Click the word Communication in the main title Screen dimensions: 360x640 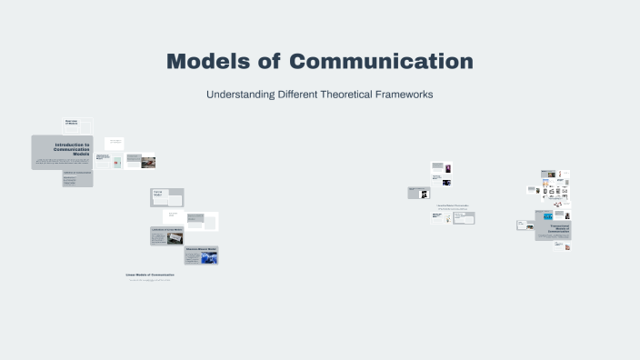pos(381,62)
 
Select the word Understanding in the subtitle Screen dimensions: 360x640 pos(242,95)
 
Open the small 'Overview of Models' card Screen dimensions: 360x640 pos(77,125)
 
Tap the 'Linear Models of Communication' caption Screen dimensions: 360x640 pos(149,274)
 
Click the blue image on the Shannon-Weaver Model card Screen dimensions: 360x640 pos(209,258)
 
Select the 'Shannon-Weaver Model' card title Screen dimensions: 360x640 pos(201,249)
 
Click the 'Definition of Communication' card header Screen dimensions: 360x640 pos(77,173)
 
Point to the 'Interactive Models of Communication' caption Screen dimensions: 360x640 pos(452,205)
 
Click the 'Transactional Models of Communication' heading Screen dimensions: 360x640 pos(554,228)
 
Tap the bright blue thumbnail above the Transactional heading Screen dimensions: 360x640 pos(548,216)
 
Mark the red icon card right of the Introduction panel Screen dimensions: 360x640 pos(116,163)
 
